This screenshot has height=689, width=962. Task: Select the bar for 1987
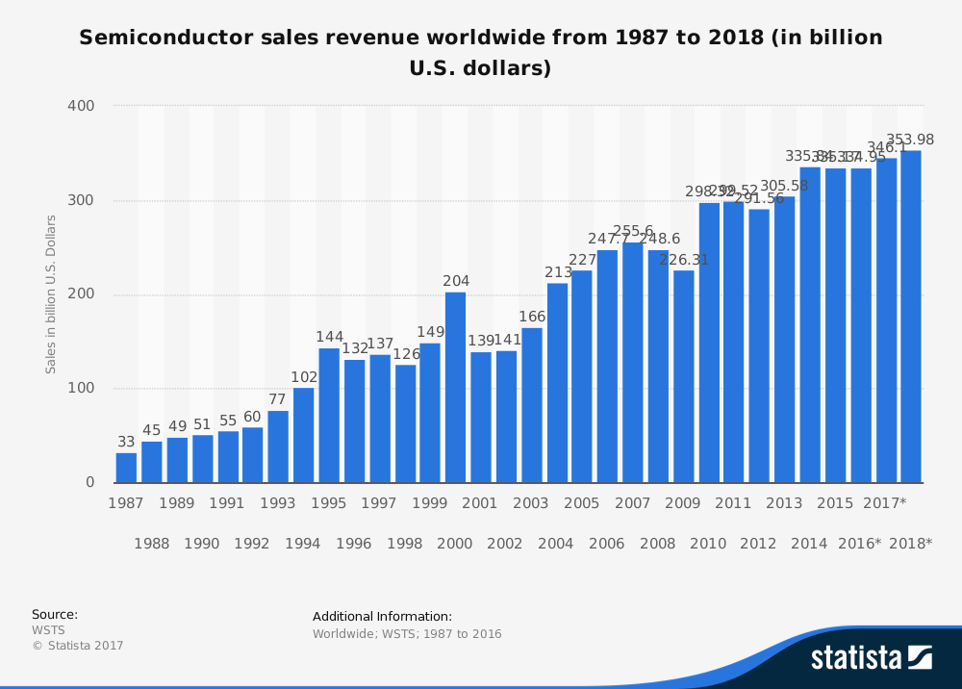tap(126, 468)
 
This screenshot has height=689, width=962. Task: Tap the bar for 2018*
tap(911, 317)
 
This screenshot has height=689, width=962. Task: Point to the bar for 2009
tap(683, 376)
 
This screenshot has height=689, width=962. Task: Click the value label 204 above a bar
tap(456, 281)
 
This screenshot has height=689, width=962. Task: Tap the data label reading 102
tap(303, 377)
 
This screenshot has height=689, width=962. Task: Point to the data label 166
tap(532, 317)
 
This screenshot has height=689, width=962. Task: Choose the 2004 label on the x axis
tap(555, 544)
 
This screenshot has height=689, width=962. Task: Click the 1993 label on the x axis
tap(278, 503)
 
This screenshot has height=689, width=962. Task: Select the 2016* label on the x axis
tap(859, 544)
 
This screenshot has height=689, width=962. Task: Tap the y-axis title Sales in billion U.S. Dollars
tap(51, 293)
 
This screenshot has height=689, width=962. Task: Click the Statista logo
tap(871, 657)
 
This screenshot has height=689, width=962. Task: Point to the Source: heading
tap(55, 615)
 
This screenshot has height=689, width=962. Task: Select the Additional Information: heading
tap(382, 617)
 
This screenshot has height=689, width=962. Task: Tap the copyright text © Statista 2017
tap(78, 646)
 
